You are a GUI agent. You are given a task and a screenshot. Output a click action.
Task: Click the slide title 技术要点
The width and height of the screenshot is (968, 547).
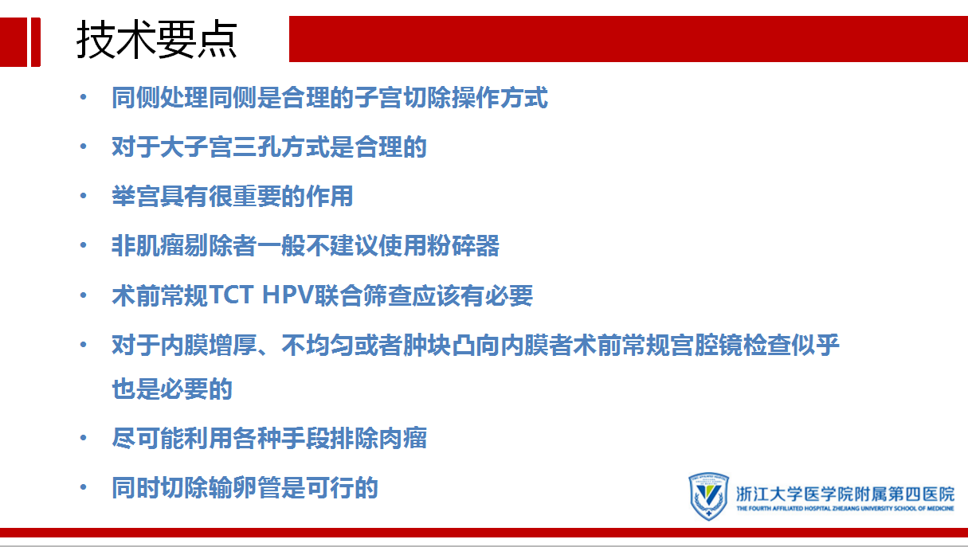pyautogui.click(x=156, y=40)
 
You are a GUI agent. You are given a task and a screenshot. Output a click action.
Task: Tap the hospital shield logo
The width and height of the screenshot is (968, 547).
pyautogui.click(x=709, y=495)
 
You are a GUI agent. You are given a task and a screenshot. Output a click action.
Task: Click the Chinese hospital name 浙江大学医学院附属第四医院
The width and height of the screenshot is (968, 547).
pyautogui.click(x=845, y=494)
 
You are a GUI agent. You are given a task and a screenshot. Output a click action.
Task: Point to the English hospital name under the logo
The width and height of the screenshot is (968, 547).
pyautogui.click(x=845, y=508)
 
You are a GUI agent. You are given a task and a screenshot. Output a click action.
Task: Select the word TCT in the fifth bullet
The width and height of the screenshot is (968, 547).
pyautogui.click(x=231, y=295)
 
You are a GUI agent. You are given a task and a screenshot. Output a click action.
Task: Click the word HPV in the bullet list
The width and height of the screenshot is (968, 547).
pyautogui.click(x=288, y=295)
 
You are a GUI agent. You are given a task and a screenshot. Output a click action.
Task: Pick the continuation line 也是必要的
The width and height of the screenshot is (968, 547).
pyautogui.click(x=172, y=389)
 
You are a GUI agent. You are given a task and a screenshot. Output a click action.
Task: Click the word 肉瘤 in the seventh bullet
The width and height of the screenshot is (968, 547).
pyautogui.click(x=403, y=438)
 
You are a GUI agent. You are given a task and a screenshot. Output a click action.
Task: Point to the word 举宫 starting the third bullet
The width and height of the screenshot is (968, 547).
pyautogui.click(x=135, y=196)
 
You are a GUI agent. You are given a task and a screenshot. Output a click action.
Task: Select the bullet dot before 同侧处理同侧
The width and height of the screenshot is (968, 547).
pyautogui.click(x=84, y=97)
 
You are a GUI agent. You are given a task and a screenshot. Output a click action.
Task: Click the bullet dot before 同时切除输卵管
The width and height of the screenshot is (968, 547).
pyautogui.click(x=84, y=488)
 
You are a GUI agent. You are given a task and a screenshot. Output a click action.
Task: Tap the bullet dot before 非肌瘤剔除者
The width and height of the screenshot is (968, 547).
pyautogui.click(x=84, y=246)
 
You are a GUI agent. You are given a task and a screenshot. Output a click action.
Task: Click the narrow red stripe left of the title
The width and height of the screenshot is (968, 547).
pyautogui.click(x=36, y=42)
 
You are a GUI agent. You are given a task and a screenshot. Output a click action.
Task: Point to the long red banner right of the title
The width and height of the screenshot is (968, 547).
pyautogui.click(x=629, y=39)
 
